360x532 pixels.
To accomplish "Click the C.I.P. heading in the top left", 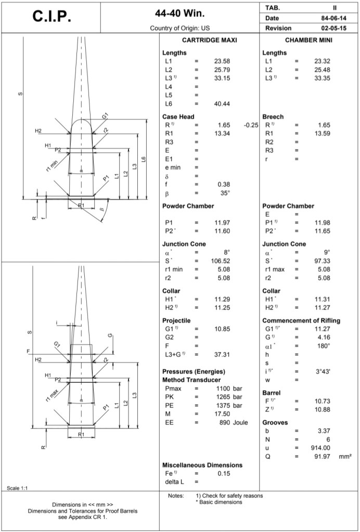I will coord(52,17).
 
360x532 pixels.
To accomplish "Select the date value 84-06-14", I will coord(331,18).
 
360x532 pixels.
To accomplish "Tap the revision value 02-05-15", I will coord(331,28).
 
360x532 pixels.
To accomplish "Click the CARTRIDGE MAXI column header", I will coord(209,40).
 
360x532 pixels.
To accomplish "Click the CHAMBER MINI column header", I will coord(309,40).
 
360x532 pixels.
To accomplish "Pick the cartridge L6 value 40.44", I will coord(222,104).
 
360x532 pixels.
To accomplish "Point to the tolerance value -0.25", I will coord(251,125).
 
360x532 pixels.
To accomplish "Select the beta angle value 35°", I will coord(225,192).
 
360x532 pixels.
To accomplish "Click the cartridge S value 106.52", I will coord(221,261).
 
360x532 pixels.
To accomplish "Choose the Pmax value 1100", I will coord(224,388).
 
